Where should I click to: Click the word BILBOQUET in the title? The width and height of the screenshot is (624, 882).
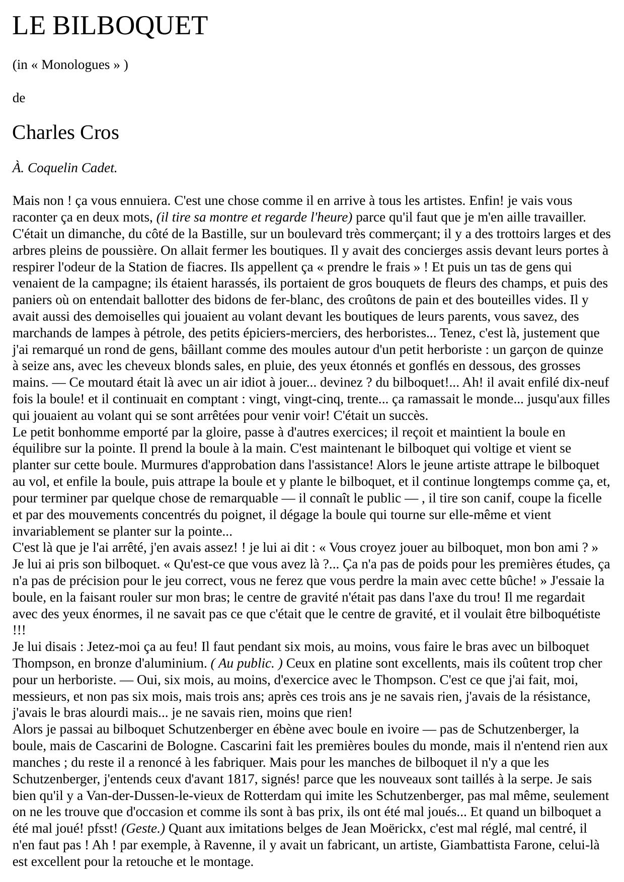(130, 26)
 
